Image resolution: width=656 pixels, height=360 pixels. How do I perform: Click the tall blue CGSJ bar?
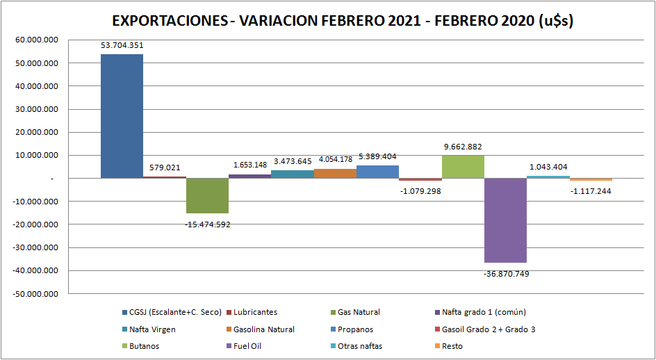pyautogui.click(x=122, y=116)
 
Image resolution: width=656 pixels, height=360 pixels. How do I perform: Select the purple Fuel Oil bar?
pyautogui.click(x=505, y=220)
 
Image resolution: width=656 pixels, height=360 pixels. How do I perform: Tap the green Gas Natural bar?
pyautogui.click(x=207, y=195)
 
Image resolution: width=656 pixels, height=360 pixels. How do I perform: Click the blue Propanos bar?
pyautogui.click(x=377, y=172)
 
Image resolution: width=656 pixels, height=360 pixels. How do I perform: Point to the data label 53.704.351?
pyautogui.click(x=122, y=46)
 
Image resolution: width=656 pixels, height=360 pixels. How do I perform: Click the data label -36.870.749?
pyautogui.click(x=506, y=273)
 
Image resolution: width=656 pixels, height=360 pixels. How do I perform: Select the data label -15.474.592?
pyautogui.click(x=207, y=224)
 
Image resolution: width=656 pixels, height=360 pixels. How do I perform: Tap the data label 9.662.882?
pyautogui.click(x=463, y=147)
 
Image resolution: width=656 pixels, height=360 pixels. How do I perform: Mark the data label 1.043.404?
pyautogui.click(x=548, y=167)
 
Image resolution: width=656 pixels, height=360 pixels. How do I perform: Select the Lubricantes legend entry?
pyautogui.click(x=255, y=312)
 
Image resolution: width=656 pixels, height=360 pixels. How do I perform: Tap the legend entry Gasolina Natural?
pyautogui.click(x=264, y=329)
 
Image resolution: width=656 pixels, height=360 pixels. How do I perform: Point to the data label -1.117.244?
pyautogui.click(x=591, y=191)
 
